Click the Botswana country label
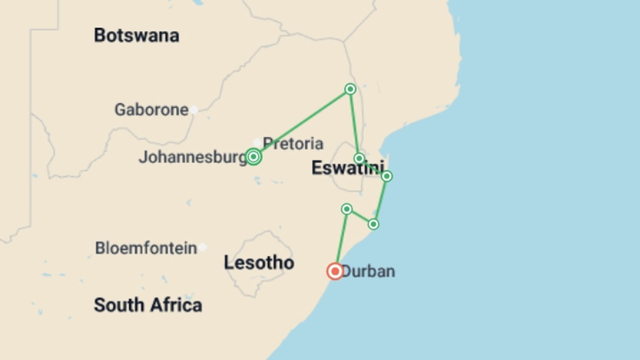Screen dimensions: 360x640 [136, 35]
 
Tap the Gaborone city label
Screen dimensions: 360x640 [152, 110]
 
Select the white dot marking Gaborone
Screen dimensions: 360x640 [194, 110]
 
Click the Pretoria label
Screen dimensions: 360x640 [293, 143]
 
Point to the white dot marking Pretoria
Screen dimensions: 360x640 [257, 143]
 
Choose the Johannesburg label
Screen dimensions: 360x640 [193, 157]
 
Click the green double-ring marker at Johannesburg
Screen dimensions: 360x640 [253, 157]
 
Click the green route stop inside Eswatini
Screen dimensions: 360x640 [359, 158]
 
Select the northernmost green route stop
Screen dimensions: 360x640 [350, 89]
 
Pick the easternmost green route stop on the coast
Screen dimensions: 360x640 [387, 176]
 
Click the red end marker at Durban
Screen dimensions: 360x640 [335, 271]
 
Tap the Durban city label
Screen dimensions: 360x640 [368, 271]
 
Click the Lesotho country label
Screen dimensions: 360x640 [259, 263]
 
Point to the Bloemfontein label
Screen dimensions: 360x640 [146, 248]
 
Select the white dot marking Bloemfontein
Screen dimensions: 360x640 [203, 247]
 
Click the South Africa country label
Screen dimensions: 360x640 [148, 305]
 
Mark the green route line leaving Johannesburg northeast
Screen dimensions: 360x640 [302, 123]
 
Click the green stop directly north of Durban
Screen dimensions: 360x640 [347, 209]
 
